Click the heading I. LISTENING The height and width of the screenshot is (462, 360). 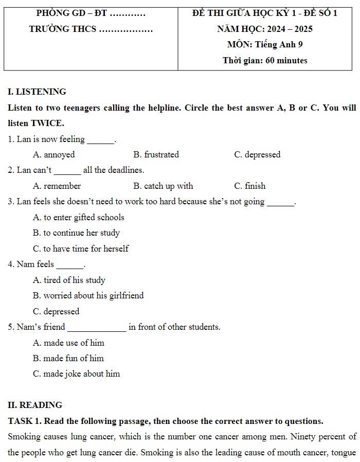click(37, 92)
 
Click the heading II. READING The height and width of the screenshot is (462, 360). click(35, 405)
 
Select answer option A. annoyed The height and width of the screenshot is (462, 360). click(54, 154)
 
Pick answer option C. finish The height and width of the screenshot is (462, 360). click(249, 186)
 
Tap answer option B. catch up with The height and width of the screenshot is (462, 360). click(163, 186)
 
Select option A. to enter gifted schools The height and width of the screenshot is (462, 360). click(78, 217)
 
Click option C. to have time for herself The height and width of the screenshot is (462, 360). click(80, 248)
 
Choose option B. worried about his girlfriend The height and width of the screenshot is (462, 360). click(88, 295)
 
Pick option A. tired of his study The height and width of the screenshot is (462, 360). click(69, 280)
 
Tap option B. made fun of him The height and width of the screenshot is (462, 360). click(68, 358)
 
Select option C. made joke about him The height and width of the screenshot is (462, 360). click(76, 374)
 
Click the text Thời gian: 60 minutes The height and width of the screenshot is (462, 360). click(265, 60)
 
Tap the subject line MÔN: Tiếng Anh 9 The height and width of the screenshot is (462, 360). click(265, 45)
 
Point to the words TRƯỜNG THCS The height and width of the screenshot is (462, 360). click(63, 29)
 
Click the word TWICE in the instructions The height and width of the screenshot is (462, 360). click(47, 123)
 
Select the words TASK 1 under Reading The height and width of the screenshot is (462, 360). click(25, 421)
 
